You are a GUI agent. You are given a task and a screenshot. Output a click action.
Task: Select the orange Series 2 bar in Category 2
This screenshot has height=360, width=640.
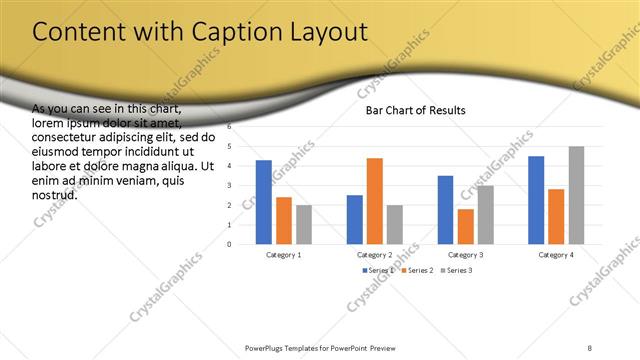(375, 201)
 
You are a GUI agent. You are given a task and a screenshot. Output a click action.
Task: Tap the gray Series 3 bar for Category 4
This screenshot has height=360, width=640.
(577, 195)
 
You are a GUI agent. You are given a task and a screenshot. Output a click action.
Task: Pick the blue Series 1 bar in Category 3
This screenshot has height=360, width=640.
(445, 210)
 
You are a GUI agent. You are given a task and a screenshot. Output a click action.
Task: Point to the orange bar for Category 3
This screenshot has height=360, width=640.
(465, 226)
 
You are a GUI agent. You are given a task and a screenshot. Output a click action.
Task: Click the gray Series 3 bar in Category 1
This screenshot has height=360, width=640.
(304, 225)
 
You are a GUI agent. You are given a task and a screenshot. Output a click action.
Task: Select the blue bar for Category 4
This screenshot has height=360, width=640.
(536, 200)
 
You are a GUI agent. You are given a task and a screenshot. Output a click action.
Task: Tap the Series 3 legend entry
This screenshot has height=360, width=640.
(458, 270)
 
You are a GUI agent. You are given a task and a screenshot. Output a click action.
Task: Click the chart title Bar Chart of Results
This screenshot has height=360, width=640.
(415, 110)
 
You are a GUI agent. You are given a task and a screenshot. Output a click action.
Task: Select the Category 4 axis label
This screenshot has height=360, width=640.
(556, 254)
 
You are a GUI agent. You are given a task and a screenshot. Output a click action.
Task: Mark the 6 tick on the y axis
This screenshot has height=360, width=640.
(230, 127)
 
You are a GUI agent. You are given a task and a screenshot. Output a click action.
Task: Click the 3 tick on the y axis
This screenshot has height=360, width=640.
(230, 185)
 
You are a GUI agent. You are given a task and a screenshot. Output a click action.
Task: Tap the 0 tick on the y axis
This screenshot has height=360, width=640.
(230, 244)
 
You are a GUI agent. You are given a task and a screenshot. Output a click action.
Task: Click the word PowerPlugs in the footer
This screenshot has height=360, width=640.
(265, 348)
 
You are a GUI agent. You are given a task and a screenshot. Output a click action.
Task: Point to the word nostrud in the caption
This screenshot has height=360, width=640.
(54, 195)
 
